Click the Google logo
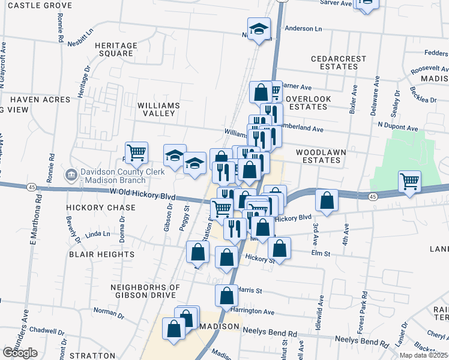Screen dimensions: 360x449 pos(20,353)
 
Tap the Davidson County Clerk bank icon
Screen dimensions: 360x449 pos(70,175)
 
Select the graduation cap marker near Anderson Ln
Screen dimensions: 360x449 pos(259,29)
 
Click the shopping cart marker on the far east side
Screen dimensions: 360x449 pos(409,180)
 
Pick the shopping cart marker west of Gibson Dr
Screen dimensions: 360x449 pos(136,152)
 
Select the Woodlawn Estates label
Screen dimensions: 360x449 pos(321,156)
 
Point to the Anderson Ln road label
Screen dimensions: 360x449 pos(303,28)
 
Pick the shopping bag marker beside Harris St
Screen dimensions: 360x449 pos(226,295)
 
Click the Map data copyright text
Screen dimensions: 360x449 pos(424,355)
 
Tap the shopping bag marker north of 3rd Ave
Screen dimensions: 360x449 pos(326,201)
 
